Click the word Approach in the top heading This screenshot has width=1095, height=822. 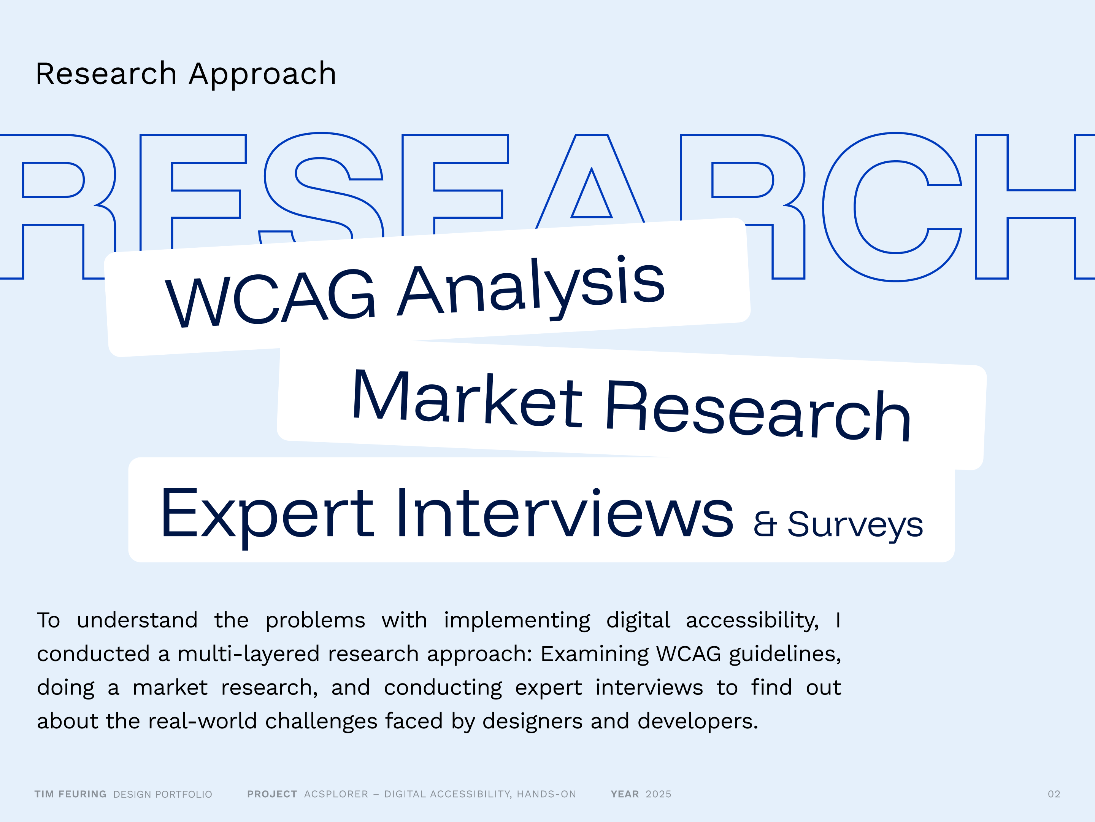(x=263, y=74)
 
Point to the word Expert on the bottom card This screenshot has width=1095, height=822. (x=267, y=515)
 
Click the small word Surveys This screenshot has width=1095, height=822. (x=855, y=525)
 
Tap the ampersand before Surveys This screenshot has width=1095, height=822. (x=765, y=525)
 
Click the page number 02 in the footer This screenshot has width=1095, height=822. (x=1054, y=794)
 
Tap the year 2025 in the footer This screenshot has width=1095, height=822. (x=659, y=794)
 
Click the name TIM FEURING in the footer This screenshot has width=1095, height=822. (x=70, y=794)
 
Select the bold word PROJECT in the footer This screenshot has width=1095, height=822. (x=272, y=794)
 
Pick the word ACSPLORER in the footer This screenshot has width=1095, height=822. (x=336, y=794)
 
